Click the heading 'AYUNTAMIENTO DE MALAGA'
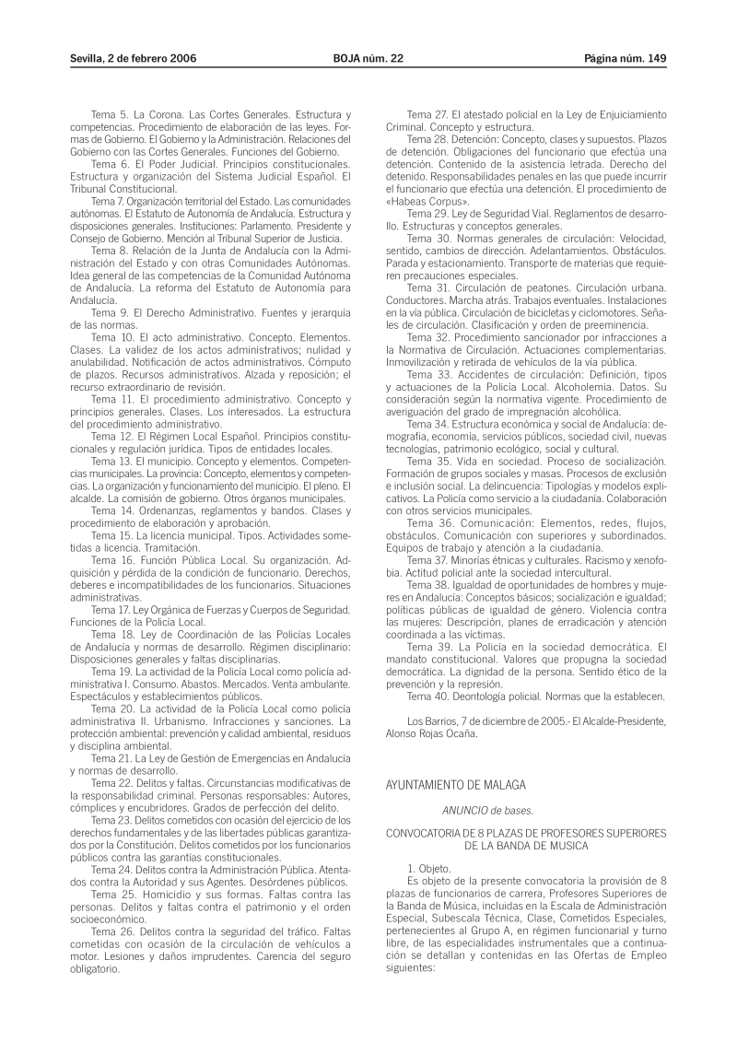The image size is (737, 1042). point(455,785)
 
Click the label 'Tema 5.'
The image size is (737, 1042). point(110,113)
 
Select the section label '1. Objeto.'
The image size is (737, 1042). point(429,869)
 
